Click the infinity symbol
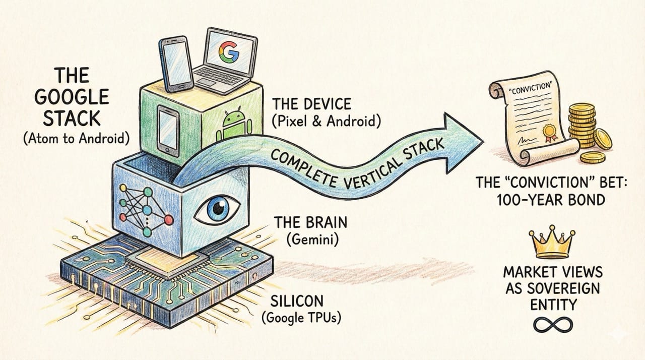[552, 325]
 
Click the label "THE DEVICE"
[311, 104]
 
